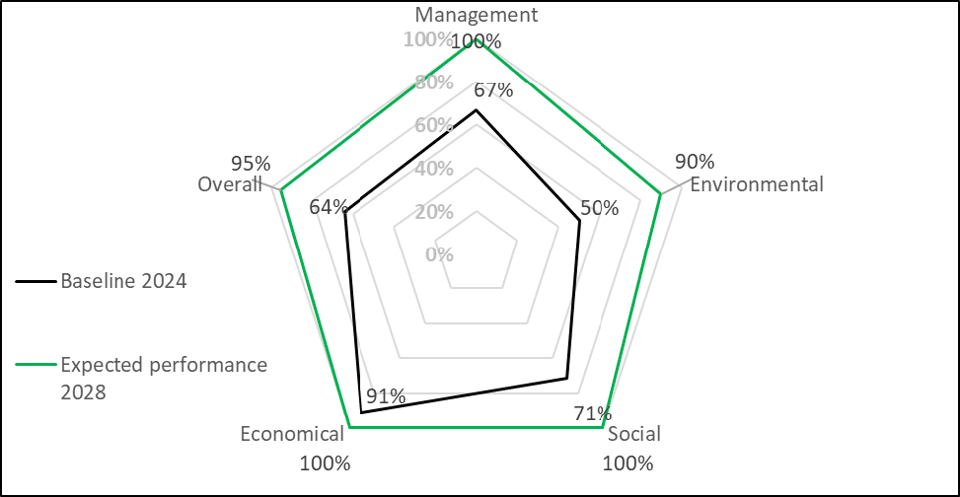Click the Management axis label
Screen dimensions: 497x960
(477, 15)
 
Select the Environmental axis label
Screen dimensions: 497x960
(757, 184)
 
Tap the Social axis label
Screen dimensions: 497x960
(633, 434)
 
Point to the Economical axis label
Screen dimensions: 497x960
(292, 434)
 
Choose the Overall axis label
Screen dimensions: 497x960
(230, 184)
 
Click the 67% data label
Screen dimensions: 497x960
(493, 90)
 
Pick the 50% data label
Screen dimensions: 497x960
(599, 208)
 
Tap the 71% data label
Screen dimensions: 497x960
(593, 413)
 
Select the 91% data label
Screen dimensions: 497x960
(386, 396)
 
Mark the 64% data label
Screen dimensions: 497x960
(329, 207)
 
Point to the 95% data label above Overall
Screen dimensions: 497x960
(251, 164)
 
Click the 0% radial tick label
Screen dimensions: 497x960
(440, 254)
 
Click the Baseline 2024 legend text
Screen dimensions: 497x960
(124, 281)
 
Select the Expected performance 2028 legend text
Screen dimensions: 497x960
(164, 378)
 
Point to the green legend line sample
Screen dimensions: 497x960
(37, 365)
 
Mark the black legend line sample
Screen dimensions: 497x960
(37, 281)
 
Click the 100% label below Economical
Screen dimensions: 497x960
(326, 463)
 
